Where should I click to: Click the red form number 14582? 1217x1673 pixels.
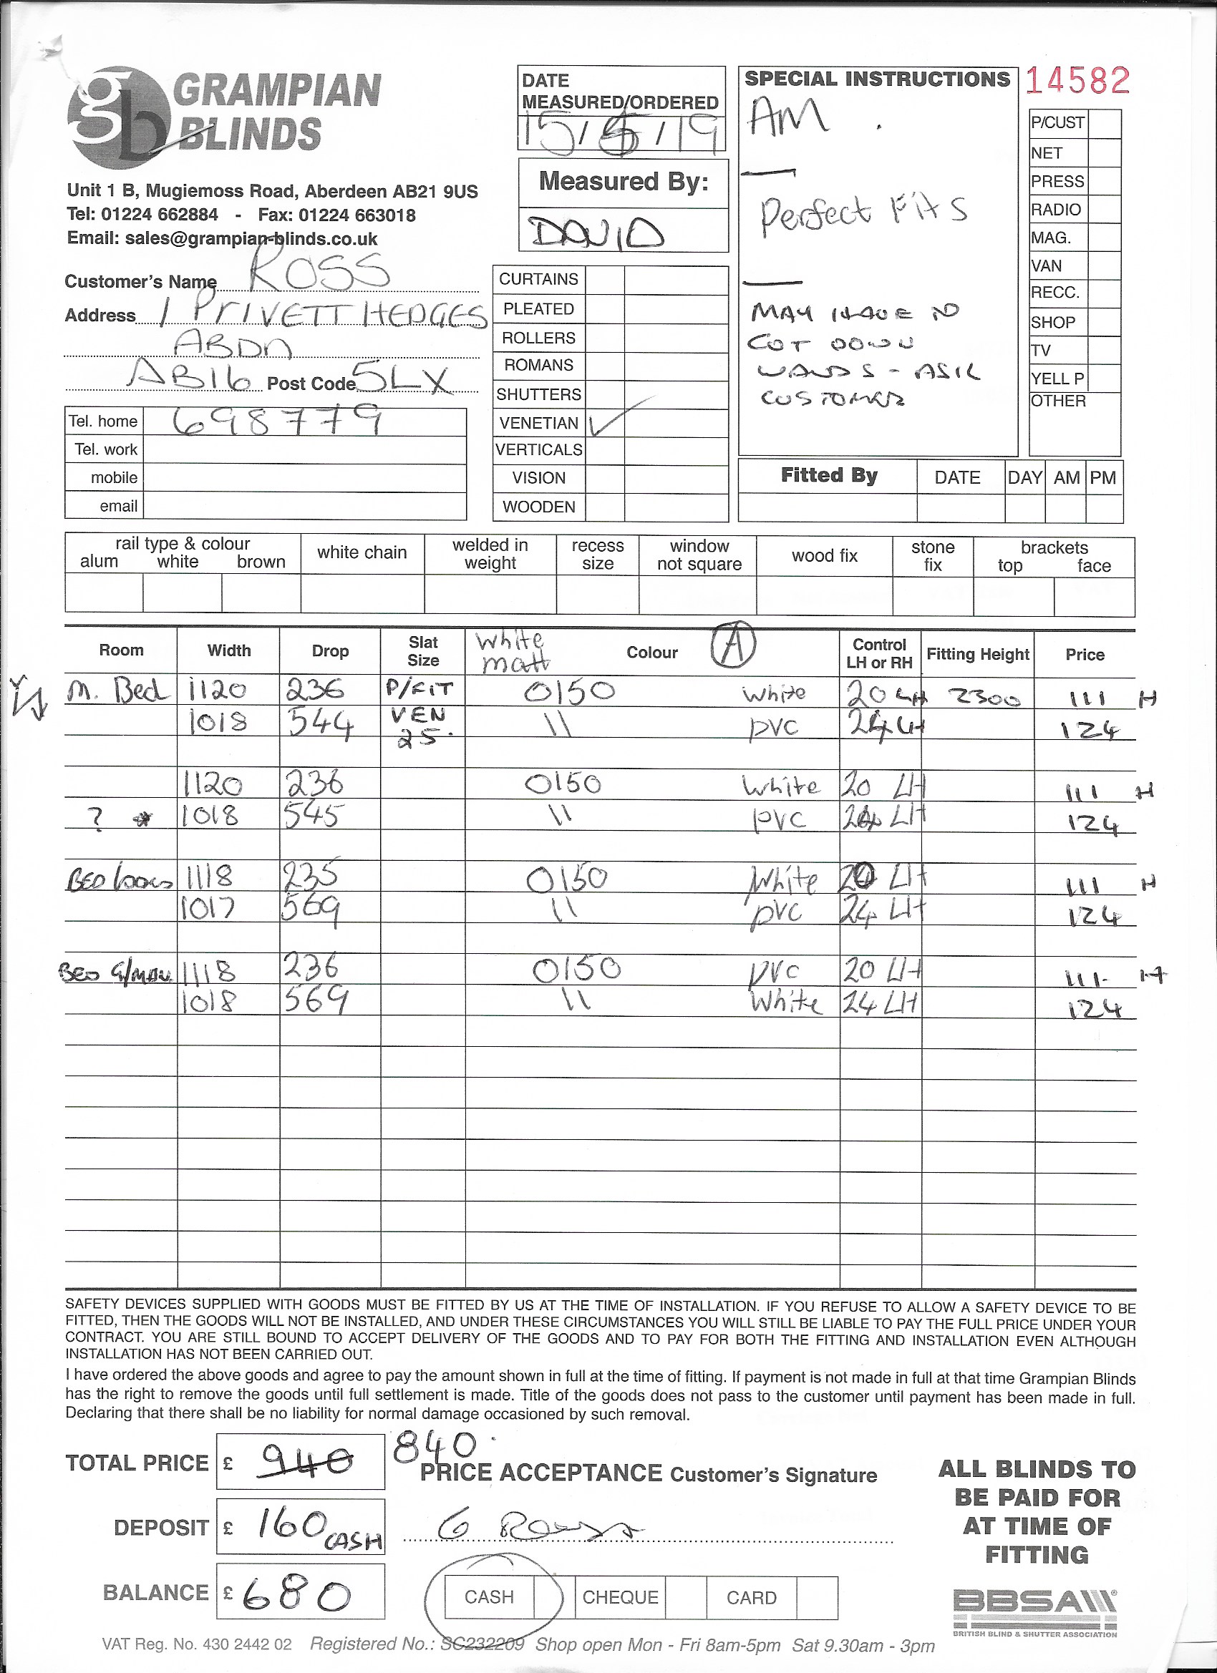coord(1077,80)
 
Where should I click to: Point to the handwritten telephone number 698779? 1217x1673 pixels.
coord(277,421)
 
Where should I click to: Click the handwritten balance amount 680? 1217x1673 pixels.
coord(295,1596)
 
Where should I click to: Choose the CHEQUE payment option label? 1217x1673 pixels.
coord(619,1597)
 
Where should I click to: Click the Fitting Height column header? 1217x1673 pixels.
coord(977,653)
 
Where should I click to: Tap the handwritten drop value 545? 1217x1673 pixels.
coord(313,816)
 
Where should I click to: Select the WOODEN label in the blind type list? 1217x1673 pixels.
coord(539,507)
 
